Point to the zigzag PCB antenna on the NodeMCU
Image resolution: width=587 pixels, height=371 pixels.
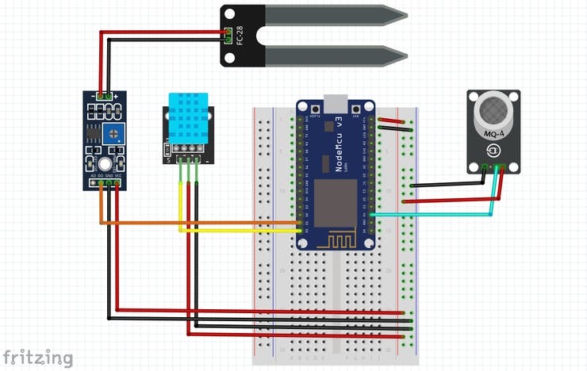pyautogui.click(x=336, y=237)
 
